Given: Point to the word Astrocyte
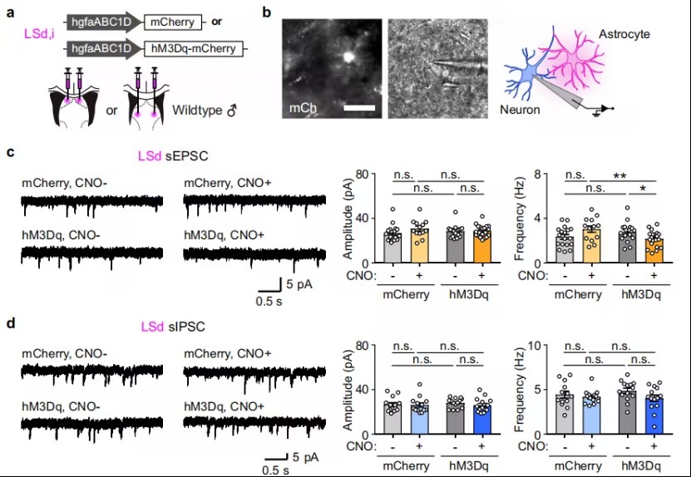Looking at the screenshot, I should coord(624,34).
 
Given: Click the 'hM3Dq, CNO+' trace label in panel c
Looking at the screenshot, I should coord(223,235).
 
